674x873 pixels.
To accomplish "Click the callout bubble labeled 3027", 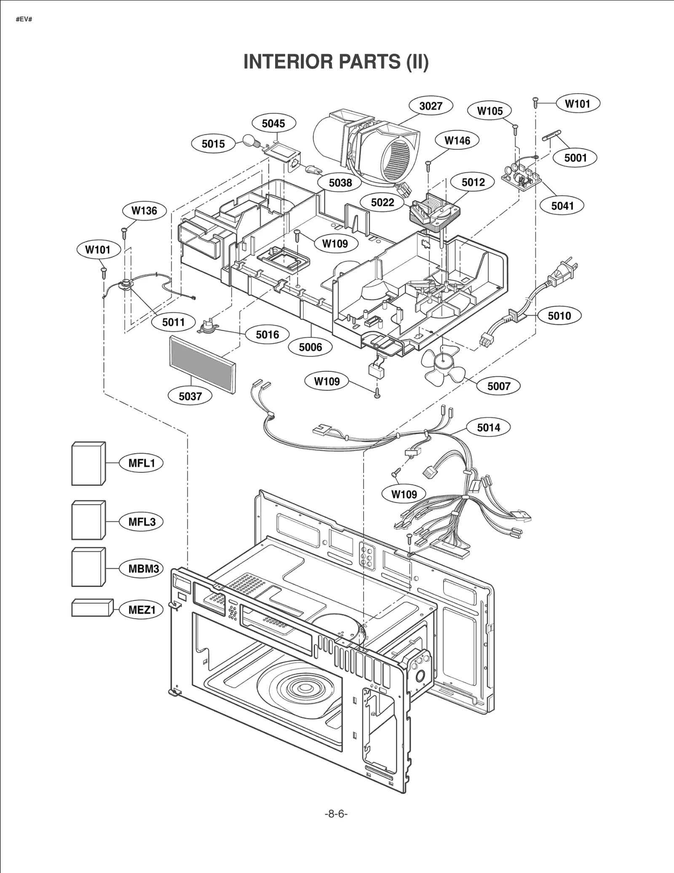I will [x=431, y=106].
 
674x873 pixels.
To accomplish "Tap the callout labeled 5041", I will [x=562, y=206].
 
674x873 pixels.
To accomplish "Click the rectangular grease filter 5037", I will [x=202, y=364].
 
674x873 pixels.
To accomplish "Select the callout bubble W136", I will [x=144, y=211].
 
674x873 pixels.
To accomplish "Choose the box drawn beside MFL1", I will [x=88, y=464].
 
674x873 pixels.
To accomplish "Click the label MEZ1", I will [x=142, y=609].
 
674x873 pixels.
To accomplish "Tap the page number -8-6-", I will [x=336, y=814].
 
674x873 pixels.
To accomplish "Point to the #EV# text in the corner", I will [x=24, y=20].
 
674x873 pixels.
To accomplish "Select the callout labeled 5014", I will [x=488, y=427].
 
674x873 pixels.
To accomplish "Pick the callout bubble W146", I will [x=457, y=140].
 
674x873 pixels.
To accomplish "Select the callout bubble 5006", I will [x=310, y=347].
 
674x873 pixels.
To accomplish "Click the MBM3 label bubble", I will [x=143, y=569].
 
